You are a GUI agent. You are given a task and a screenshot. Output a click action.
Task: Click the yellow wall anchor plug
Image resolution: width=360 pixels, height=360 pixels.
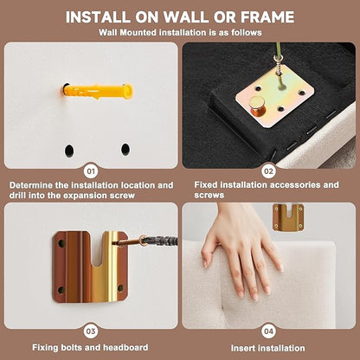97,92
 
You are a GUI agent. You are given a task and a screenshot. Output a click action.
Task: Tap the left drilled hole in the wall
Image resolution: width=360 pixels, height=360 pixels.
69,151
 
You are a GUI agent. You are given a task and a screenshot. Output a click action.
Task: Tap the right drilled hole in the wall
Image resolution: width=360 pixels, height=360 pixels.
125,149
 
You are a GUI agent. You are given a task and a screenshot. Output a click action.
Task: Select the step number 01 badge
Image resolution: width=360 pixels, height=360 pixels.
91,171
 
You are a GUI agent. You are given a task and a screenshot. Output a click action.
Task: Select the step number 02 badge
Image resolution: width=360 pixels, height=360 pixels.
268,171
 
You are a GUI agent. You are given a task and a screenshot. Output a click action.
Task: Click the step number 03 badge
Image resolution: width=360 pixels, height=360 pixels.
91,331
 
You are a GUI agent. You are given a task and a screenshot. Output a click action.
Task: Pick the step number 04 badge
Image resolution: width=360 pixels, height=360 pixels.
268,331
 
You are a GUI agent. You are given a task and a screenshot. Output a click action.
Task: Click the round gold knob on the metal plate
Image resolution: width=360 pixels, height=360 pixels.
258,106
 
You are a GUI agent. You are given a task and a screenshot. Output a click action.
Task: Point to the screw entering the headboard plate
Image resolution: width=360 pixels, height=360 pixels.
278,67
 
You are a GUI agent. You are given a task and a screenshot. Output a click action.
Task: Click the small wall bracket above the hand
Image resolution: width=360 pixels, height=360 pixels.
288,217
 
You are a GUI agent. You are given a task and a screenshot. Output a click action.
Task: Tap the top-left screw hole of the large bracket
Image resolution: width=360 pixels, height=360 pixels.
61,244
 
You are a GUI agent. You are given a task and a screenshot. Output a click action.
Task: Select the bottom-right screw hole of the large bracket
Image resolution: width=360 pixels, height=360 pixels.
121,288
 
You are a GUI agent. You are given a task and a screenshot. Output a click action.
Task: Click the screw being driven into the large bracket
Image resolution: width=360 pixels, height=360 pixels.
145,241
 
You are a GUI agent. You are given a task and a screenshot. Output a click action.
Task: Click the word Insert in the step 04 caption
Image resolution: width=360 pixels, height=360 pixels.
243,348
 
